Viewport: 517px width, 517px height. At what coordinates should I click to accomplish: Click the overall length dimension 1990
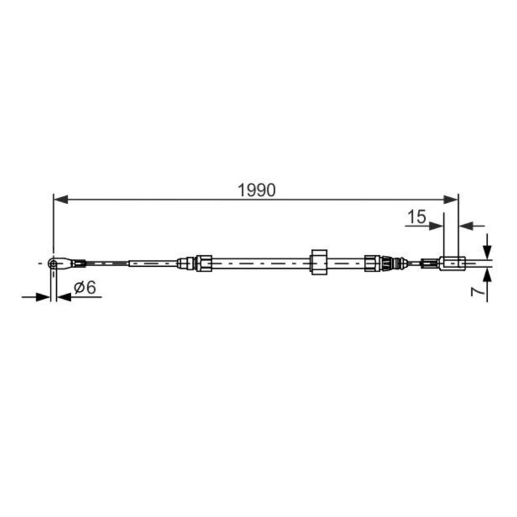(x=257, y=190)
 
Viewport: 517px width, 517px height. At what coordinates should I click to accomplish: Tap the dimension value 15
(x=417, y=216)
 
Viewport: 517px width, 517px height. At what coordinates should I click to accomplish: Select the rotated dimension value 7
(x=478, y=293)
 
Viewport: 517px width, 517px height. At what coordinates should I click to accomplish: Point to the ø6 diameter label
(x=85, y=288)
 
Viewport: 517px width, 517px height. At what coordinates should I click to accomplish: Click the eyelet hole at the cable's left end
(x=52, y=263)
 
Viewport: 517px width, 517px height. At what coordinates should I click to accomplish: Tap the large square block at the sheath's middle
(x=320, y=262)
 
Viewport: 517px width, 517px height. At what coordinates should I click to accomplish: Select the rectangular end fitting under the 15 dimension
(x=451, y=263)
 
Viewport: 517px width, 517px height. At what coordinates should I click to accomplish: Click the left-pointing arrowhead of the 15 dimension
(x=465, y=226)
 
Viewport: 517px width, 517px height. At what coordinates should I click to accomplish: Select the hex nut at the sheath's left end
(x=204, y=263)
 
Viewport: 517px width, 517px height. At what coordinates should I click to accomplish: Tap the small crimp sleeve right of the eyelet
(x=79, y=263)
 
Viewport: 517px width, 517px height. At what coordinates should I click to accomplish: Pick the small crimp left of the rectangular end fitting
(x=427, y=263)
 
